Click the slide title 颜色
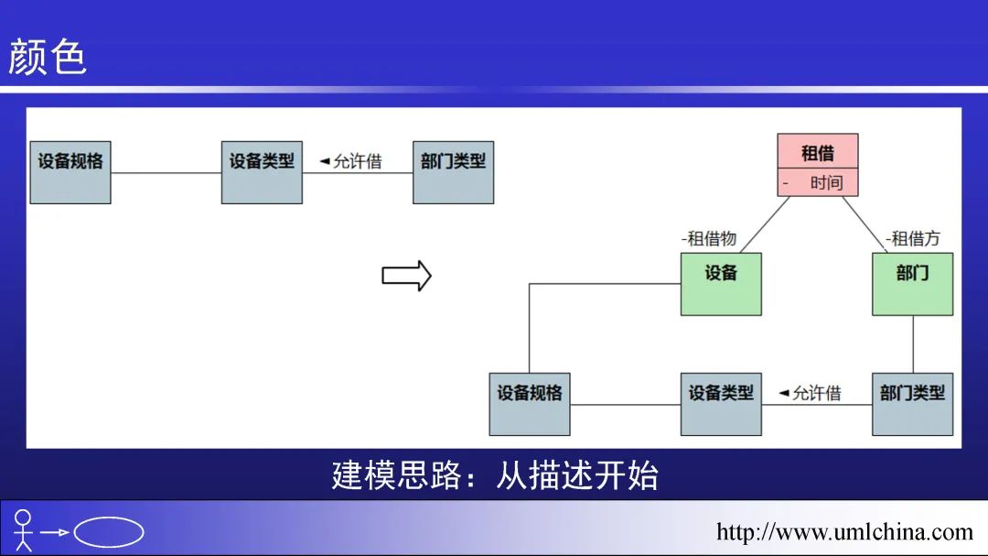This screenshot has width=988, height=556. [48, 57]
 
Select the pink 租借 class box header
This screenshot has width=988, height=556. [818, 152]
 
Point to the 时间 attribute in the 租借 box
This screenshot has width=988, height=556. [825, 182]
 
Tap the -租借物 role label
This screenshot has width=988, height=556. [709, 238]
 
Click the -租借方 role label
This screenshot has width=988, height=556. [912, 238]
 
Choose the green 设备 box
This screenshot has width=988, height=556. [721, 284]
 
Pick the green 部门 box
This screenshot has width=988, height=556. [912, 284]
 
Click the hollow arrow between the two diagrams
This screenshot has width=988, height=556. [406, 276]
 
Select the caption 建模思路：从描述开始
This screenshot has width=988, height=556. [494, 475]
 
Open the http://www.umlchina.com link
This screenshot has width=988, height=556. [843, 531]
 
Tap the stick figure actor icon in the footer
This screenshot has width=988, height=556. [23, 530]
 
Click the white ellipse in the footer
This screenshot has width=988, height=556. [109, 532]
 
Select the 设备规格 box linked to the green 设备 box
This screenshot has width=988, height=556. [529, 404]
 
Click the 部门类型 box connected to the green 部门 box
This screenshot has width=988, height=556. [912, 404]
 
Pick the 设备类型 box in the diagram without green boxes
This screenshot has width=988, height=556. [262, 172]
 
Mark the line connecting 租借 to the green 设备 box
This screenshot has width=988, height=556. [765, 224]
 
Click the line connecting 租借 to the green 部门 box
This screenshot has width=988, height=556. [864, 223]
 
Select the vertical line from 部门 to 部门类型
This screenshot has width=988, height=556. [913, 344]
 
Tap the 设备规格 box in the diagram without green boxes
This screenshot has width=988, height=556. [70, 172]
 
